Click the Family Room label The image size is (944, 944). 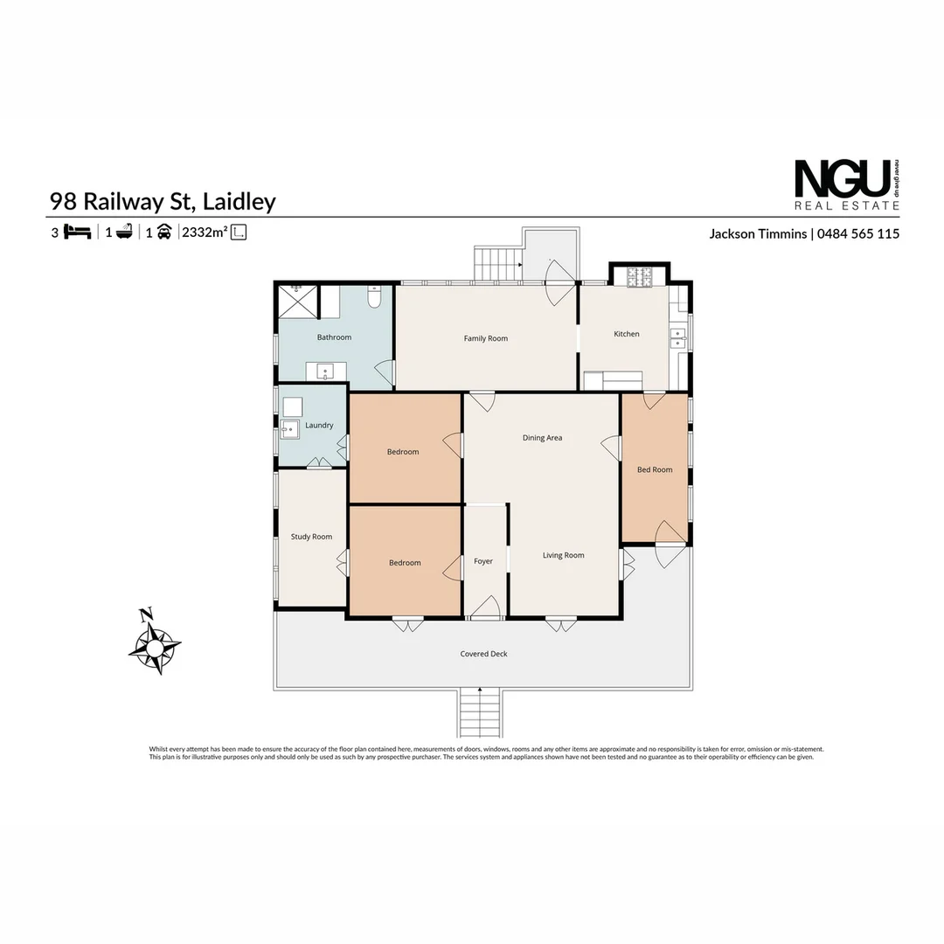point(485,338)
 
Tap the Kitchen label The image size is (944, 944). point(626,334)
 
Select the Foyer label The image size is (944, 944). point(482,561)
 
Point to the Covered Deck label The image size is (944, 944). point(483,654)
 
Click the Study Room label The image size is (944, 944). point(311,537)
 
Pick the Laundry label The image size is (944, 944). point(319,425)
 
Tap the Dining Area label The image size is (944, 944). point(542,438)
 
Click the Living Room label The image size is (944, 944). point(563,555)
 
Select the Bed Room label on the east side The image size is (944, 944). point(655,469)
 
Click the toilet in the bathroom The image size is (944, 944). point(374,296)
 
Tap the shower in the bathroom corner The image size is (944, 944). point(297,301)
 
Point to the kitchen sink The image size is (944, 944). point(678,338)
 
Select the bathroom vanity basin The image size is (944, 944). point(325,371)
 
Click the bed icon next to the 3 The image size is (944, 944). point(77,232)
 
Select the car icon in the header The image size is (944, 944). point(164,232)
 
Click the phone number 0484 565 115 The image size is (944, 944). point(858,233)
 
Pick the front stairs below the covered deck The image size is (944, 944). point(479,713)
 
